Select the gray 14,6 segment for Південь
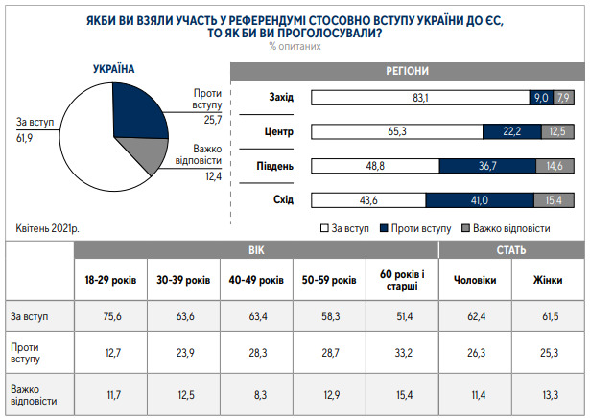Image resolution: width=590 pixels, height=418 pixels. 555,166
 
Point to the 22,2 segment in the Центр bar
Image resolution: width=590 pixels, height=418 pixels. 510,131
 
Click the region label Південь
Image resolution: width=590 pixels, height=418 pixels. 274,166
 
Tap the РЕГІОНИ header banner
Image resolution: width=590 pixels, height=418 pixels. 407,71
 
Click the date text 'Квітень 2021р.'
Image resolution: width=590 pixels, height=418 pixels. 48,228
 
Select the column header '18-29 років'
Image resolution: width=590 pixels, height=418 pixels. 111,280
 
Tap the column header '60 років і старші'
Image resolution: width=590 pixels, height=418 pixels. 402,280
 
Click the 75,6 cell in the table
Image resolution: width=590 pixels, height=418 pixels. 111,316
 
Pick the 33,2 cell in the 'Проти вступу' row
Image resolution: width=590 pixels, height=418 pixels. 402,352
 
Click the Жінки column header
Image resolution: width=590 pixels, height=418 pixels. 547,280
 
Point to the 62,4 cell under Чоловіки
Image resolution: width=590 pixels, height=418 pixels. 475,316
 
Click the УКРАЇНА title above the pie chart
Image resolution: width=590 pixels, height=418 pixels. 113,70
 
